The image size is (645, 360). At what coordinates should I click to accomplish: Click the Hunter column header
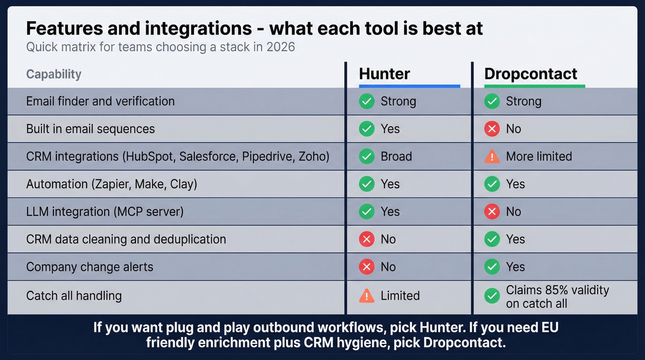tap(384, 74)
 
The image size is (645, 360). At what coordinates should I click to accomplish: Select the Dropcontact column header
tap(531, 74)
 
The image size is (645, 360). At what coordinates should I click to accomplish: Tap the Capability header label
tap(53, 74)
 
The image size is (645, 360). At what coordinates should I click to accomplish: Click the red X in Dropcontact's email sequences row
tap(492, 129)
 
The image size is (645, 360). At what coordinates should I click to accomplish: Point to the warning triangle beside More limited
tap(492, 157)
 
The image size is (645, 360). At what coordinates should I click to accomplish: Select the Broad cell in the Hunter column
tap(396, 156)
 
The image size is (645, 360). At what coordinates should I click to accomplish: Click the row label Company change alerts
tap(89, 267)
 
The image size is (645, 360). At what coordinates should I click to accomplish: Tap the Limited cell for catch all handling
tap(400, 295)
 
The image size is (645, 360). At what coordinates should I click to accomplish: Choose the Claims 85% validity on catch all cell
tap(557, 296)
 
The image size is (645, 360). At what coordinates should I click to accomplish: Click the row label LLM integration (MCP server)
tap(105, 212)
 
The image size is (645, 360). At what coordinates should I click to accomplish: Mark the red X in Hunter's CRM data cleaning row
tap(367, 239)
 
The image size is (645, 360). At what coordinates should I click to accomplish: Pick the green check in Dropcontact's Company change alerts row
tap(492, 267)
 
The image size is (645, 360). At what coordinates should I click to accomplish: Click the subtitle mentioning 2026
tap(160, 47)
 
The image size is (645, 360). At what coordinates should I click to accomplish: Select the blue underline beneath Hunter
tap(409, 86)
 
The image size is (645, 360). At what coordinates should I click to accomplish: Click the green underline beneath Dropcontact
tap(534, 86)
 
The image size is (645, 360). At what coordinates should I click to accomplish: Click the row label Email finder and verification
tap(100, 101)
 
